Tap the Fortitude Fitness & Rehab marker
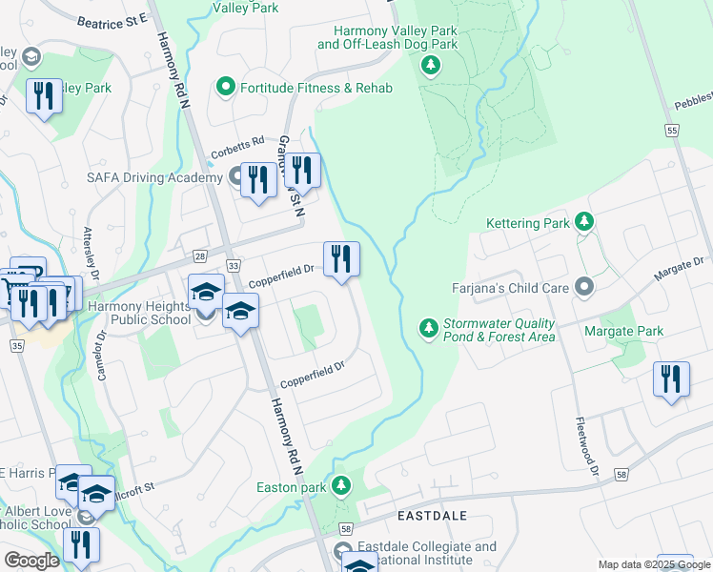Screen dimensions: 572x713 (x=226, y=88)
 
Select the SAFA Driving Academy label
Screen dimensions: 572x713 (x=141, y=178)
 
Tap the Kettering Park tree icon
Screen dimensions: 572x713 (x=584, y=223)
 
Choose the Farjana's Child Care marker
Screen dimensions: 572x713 (x=584, y=287)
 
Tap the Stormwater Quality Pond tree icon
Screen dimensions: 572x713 (x=429, y=329)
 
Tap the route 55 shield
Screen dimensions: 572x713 (x=673, y=131)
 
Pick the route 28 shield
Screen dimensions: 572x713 (x=198, y=256)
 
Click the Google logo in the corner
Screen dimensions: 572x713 (x=31, y=561)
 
